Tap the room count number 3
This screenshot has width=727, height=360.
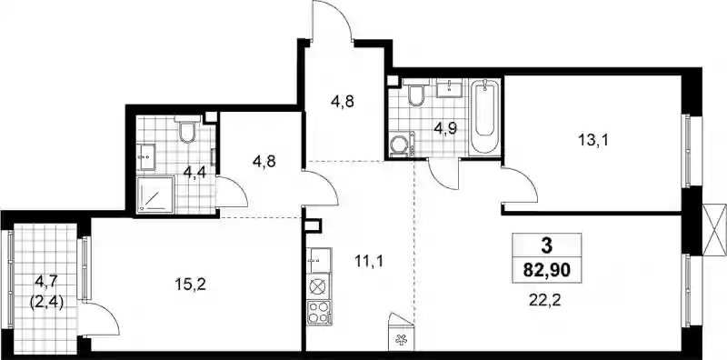[x=547, y=245]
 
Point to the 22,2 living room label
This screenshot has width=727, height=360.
[x=544, y=301]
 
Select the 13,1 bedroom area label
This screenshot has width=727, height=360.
[x=593, y=140]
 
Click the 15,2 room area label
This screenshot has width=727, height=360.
[x=190, y=285]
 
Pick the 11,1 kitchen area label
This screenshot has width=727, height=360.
[x=369, y=262]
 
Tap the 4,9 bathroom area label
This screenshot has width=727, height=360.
[x=445, y=128]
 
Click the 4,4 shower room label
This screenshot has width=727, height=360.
[x=195, y=173]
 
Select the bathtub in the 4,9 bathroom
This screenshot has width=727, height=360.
[x=484, y=118]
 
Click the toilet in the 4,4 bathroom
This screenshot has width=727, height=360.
[x=187, y=128]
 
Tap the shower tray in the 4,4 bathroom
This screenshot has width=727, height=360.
[x=155, y=195]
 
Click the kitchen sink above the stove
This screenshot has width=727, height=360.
[x=319, y=260]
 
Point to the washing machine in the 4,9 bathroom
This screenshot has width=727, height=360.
[x=400, y=145]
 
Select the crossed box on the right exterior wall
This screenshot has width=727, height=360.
[x=714, y=230]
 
